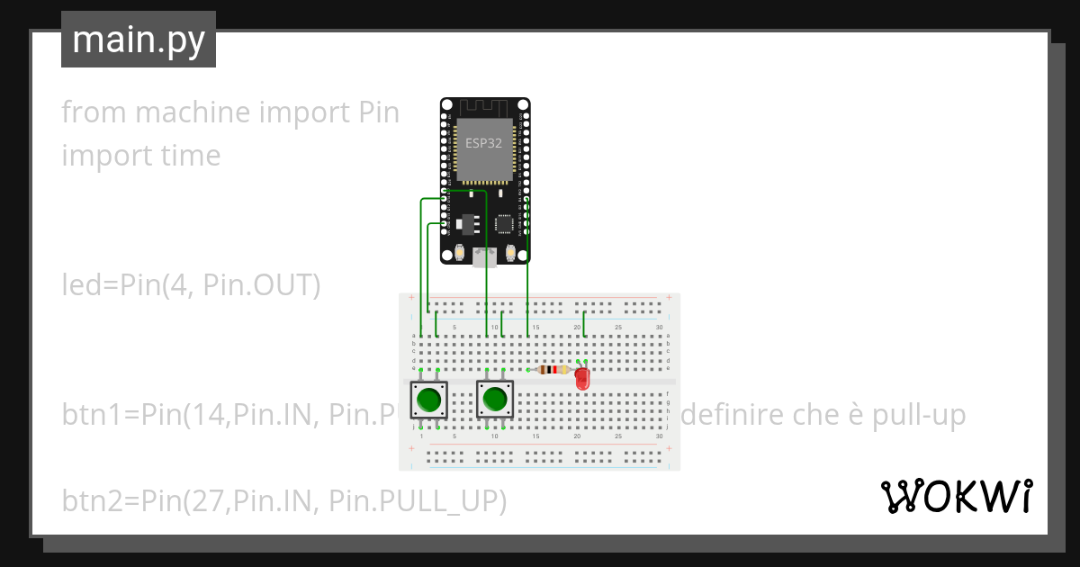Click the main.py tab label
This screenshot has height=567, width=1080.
pos(138,40)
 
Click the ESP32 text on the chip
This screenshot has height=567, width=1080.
pos(484,142)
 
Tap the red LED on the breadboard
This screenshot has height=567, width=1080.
pos(582,379)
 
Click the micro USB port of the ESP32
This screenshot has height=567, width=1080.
pos(485,257)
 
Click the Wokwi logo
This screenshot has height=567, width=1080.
pos(955,496)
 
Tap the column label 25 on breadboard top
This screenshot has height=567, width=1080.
pos(618,327)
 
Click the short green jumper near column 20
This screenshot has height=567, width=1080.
pos(585,322)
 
